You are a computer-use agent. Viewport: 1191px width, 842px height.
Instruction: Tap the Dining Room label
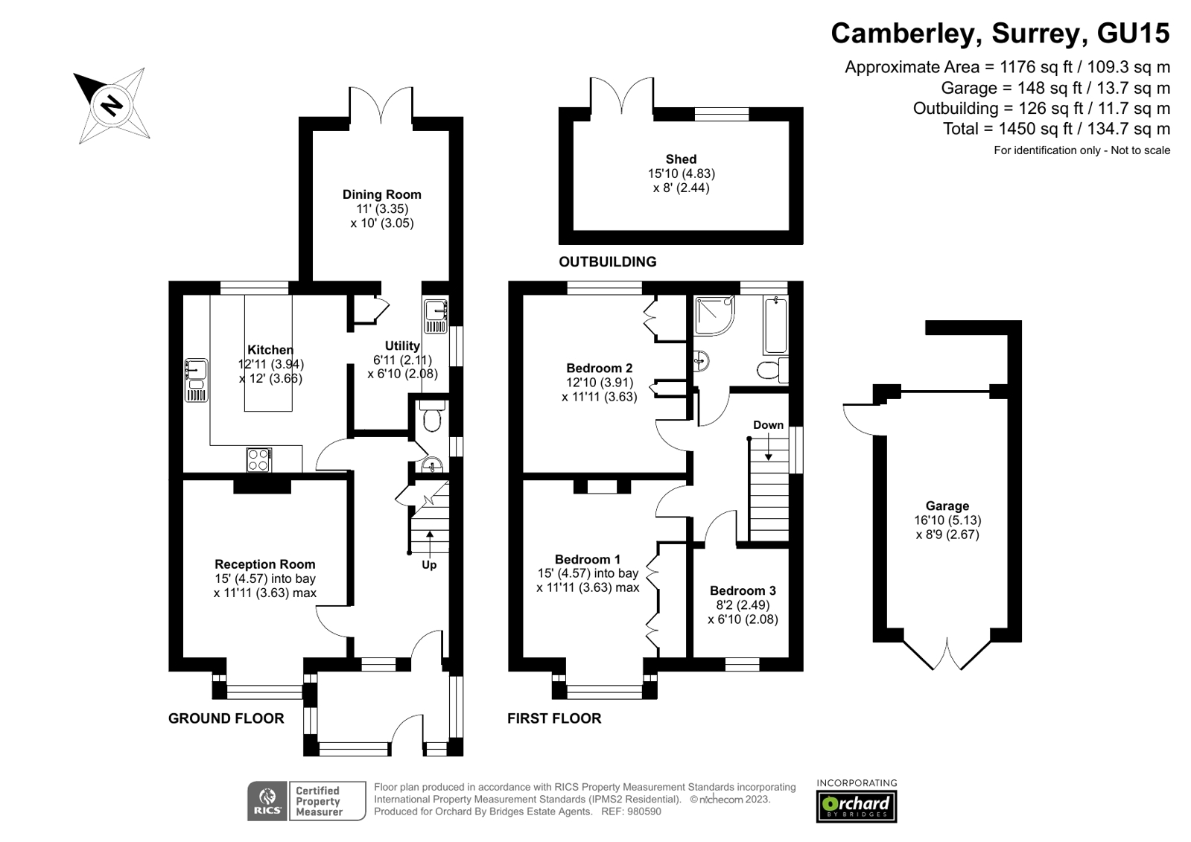tap(381, 194)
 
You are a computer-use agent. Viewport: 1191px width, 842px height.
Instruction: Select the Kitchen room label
tap(270, 350)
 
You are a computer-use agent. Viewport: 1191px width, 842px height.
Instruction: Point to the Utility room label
tap(402, 345)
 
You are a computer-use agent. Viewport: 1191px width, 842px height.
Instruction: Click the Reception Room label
tap(264, 564)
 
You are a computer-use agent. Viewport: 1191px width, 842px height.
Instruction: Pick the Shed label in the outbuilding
tap(681, 159)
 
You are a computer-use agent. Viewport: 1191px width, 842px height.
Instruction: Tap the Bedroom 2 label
tap(599, 368)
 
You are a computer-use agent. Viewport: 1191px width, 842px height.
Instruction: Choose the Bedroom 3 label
tap(743, 590)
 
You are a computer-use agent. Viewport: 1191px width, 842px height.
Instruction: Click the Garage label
tap(947, 505)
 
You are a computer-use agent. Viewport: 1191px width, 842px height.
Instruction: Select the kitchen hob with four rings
tap(258, 459)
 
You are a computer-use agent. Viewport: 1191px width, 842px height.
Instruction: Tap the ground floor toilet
tap(431, 418)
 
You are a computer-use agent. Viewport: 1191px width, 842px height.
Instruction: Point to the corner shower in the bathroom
tap(713, 315)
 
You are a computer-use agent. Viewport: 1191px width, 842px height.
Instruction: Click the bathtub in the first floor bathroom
tap(775, 325)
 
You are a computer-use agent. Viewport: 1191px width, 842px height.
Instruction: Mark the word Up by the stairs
tap(429, 564)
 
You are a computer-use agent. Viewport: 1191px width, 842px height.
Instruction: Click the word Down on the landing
tap(768, 425)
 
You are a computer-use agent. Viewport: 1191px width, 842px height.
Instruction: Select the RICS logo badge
tap(267, 801)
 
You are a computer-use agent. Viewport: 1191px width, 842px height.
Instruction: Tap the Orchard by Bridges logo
tap(857, 804)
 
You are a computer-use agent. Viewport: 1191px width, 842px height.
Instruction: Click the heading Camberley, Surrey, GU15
tap(1000, 34)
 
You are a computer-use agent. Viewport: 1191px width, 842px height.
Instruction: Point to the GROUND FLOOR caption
tap(226, 718)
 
